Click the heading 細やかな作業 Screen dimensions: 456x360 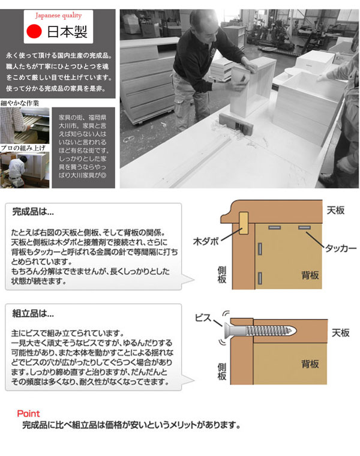(x=20, y=103)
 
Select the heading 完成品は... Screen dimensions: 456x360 (x=33, y=212)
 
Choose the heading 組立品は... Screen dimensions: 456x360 (x=33, y=313)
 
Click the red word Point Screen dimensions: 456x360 (x=28, y=414)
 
